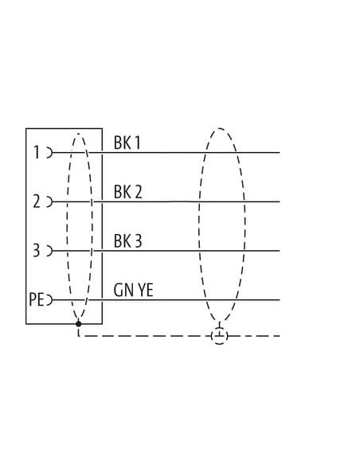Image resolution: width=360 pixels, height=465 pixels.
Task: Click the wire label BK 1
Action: (127, 143)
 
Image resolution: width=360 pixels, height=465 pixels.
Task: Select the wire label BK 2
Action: (127, 192)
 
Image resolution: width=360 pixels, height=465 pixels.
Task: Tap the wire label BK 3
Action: (127, 240)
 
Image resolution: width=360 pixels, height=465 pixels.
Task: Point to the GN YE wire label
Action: (134, 290)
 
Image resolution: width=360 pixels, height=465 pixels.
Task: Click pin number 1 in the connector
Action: (37, 152)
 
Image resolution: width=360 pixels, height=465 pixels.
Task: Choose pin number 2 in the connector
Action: (36, 201)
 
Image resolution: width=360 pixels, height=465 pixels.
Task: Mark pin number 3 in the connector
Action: (36, 250)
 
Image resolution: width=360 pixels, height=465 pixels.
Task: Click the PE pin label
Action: (37, 299)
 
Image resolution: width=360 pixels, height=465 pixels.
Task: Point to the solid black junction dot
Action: (78, 323)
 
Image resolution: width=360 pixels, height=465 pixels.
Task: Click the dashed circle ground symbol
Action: (220, 336)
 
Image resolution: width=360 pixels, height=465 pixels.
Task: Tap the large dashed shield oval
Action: (199, 225)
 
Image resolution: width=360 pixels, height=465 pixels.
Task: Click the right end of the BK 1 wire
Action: (280, 153)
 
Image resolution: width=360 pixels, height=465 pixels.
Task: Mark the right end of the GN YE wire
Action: (280, 300)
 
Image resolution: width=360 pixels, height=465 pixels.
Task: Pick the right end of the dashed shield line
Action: (280, 336)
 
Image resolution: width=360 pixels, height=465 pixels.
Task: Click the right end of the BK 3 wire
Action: (280, 251)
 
